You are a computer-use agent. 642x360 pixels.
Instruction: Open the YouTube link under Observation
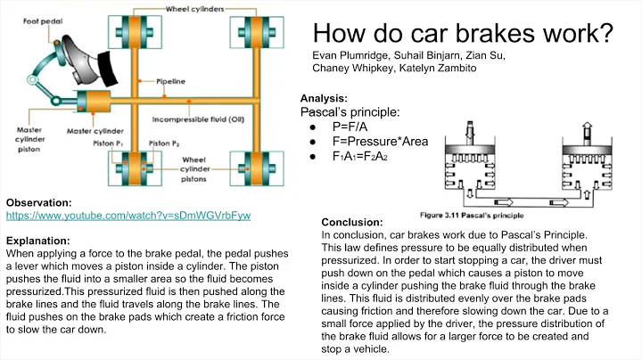(128, 217)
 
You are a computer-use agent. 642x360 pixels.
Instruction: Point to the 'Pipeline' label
(171, 80)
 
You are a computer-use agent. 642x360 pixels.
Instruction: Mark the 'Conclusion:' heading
(351, 222)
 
